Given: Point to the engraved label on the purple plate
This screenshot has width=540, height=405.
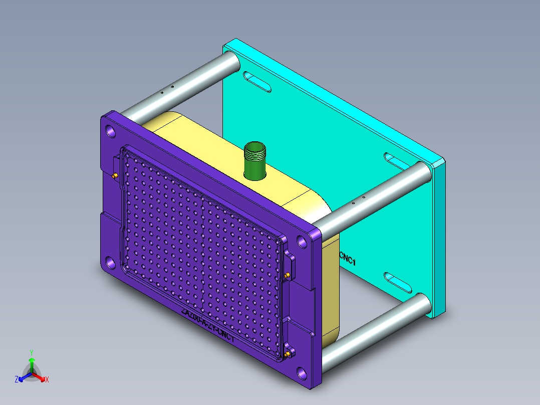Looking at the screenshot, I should (x=208, y=326).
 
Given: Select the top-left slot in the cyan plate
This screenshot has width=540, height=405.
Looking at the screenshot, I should (x=257, y=82).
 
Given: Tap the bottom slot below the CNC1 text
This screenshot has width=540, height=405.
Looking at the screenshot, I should (x=399, y=282).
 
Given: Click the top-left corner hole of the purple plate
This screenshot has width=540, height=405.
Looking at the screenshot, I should (x=110, y=132).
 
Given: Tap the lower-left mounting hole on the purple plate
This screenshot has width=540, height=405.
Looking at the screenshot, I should (x=110, y=262).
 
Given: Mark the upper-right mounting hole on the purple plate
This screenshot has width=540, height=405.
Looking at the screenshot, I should (x=302, y=242).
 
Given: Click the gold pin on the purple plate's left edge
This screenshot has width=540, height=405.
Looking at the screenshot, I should (x=115, y=176).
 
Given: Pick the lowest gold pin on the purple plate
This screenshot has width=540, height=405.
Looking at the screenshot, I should (x=288, y=355).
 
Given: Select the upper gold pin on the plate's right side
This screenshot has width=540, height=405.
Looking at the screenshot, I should (x=287, y=276).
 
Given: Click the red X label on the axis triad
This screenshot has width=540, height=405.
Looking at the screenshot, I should (x=47, y=379).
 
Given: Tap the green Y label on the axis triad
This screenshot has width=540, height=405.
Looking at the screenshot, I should (x=31, y=352).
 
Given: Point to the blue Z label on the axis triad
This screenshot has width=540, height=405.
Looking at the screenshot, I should (x=17, y=379).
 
